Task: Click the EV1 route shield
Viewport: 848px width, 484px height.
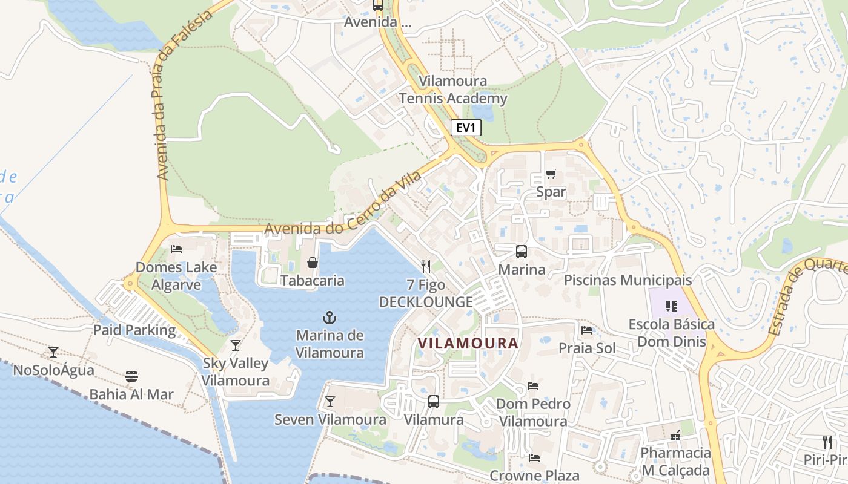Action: coord(466,128)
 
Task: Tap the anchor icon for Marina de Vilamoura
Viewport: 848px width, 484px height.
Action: coord(329,317)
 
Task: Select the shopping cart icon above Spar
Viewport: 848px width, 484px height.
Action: coord(551,174)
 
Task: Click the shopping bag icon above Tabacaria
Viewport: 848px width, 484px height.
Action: coord(313,263)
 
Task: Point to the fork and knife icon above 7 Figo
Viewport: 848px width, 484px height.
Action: coord(426,266)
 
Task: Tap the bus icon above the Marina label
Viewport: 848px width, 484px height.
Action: coord(521,252)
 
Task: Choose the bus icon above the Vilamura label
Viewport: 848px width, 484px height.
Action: coord(434,402)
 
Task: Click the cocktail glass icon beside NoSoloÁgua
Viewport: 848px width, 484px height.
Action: coord(53,352)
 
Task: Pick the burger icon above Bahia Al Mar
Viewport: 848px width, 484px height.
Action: coord(131,376)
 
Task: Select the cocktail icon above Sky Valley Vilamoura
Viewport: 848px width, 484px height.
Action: coord(236,345)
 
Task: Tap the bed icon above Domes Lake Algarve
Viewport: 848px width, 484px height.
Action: coord(176,249)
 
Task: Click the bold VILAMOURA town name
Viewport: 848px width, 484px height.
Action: coord(468,344)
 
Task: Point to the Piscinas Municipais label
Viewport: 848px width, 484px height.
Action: coord(628,281)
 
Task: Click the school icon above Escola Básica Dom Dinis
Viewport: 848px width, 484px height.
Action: coord(671,306)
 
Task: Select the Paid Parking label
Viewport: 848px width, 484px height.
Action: coord(134,330)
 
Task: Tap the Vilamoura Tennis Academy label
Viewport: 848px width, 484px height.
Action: coord(453,90)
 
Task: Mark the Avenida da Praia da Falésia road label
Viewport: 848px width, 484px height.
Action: coord(184,97)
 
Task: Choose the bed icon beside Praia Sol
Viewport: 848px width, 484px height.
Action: coord(587,330)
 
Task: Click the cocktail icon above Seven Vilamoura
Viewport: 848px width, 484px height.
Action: coord(330,402)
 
